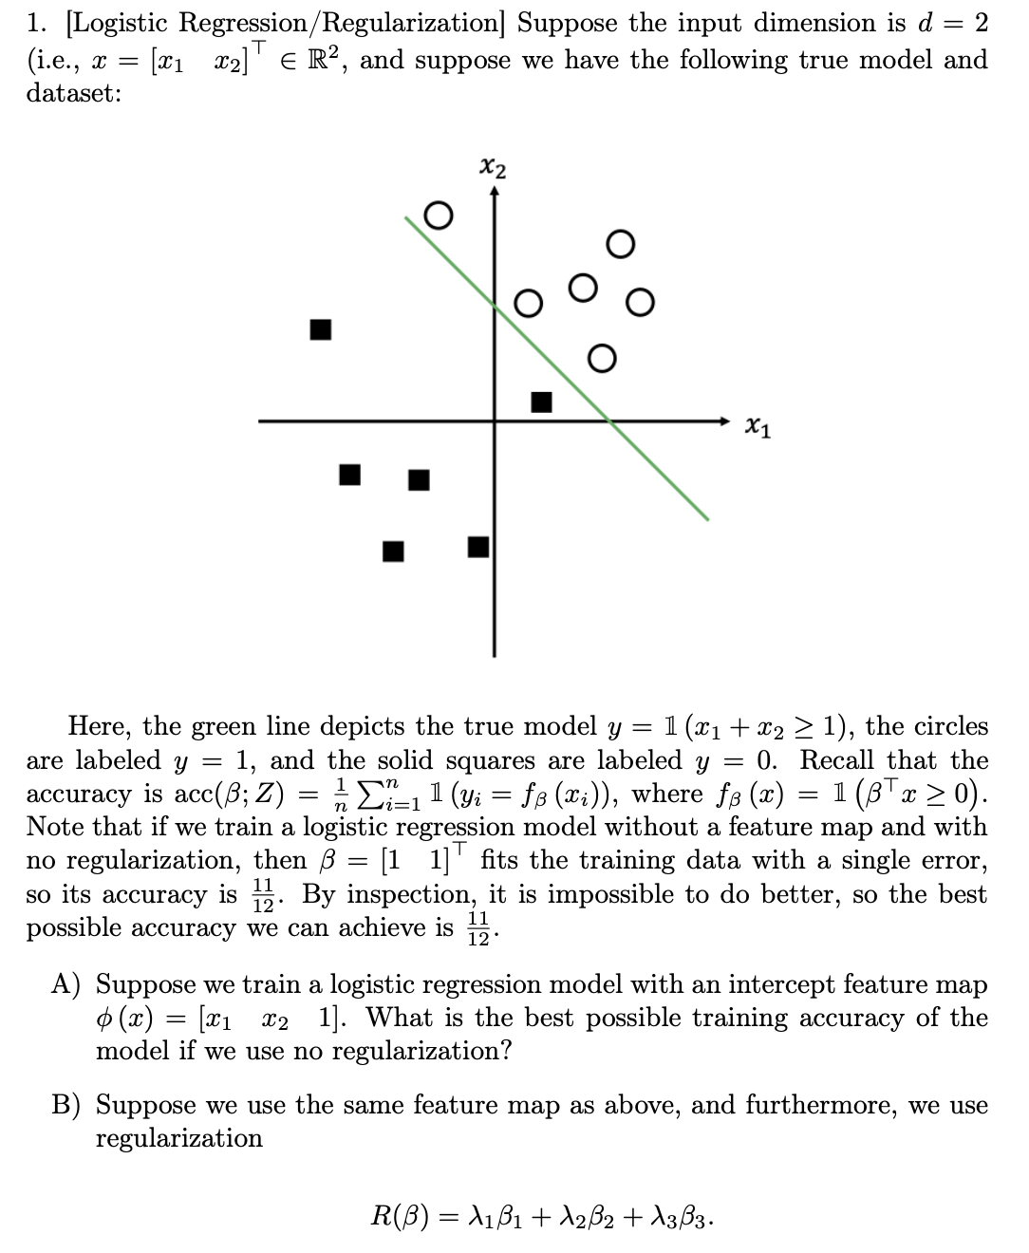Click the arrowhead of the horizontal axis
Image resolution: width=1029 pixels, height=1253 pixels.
pos(723,421)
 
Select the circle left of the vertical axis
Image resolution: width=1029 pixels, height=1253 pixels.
pos(437,215)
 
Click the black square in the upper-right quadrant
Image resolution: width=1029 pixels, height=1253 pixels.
pos(541,402)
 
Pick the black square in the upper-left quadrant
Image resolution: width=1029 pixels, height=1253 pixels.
pos(321,329)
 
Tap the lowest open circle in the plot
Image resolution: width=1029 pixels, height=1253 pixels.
pos(601,358)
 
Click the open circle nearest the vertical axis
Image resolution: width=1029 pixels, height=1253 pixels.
pos(528,304)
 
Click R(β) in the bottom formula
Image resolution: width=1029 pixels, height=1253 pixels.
pos(400,1215)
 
